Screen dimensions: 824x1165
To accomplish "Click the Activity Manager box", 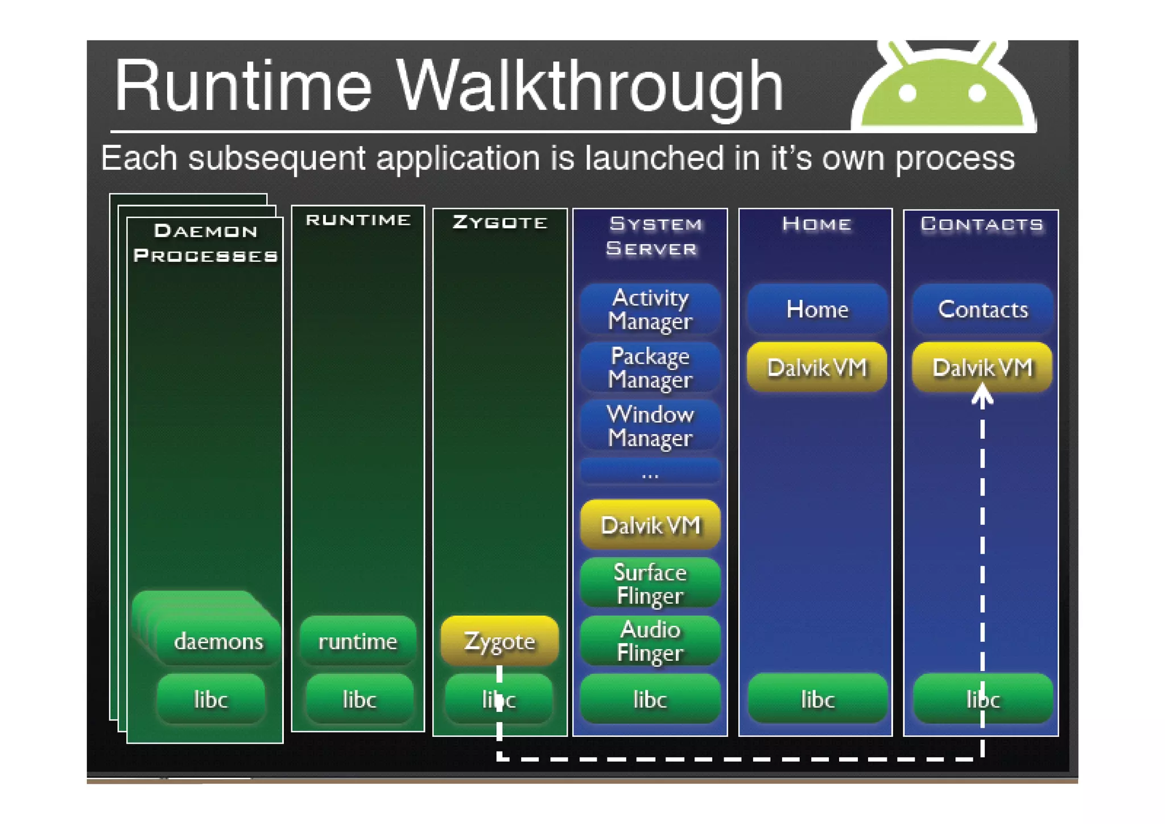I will pyautogui.click(x=650, y=309).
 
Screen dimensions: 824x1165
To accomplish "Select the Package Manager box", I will pyautogui.click(x=650, y=368).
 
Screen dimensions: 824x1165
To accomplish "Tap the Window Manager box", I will pyautogui.click(x=650, y=426).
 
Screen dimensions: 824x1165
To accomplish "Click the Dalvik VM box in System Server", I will pyautogui.click(x=650, y=525).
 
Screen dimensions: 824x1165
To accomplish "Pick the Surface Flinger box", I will pyautogui.click(x=650, y=583).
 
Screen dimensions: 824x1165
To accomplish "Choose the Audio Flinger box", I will pyautogui.click(x=650, y=641).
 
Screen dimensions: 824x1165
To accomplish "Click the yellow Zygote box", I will pyautogui.click(x=499, y=641).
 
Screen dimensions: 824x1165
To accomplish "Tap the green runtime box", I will pyautogui.click(x=358, y=641).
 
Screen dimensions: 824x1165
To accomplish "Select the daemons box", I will pyautogui.click(x=218, y=641).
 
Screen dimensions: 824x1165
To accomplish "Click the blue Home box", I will pyautogui.click(x=817, y=309).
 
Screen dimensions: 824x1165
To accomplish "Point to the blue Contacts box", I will pyautogui.click(x=982, y=309).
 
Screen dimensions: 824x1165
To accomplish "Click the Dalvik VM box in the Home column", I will pyautogui.click(x=817, y=368).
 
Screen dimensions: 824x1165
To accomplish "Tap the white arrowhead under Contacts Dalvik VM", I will pyautogui.click(x=982, y=395).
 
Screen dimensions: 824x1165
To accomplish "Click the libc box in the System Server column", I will pyautogui.click(x=650, y=699).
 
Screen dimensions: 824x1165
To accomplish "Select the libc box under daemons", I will pyautogui.click(x=210, y=699).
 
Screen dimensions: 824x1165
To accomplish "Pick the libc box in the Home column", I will pyautogui.click(x=817, y=699).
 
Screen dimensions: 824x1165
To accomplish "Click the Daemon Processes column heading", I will pyautogui.click(x=205, y=243).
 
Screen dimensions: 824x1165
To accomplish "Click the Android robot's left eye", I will pyautogui.click(x=907, y=93).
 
